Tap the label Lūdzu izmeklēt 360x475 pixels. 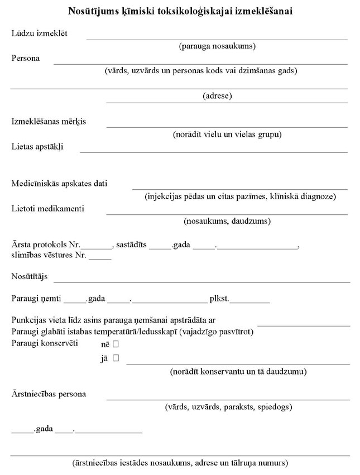40,33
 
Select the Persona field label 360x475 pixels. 26,58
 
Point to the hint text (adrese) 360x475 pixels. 217,96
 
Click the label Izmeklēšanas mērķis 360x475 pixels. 49,121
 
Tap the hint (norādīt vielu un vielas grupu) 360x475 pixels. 227,134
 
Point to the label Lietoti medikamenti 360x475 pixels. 48,208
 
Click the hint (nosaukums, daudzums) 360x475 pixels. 227,221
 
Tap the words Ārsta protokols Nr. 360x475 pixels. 46,245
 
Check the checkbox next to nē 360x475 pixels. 117,345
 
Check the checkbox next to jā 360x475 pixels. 117,358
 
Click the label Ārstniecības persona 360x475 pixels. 49,394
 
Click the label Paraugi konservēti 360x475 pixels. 45,342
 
